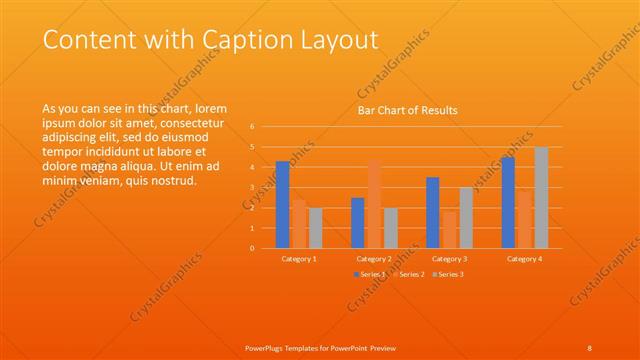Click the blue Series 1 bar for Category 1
click(x=283, y=205)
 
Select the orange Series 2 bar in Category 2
click(x=374, y=204)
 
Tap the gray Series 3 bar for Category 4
click(x=541, y=197)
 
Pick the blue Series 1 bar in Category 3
click(x=432, y=212)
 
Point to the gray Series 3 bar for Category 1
click(x=316, y=228)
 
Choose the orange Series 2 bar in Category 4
click(x=525, y=219)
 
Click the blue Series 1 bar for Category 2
click(x=358, y=222)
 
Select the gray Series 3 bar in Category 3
click(x=466, y=217)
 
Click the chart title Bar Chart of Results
click(x=408, y=110)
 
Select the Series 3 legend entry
click(x=448, y=274)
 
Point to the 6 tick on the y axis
click(x=252, y=127)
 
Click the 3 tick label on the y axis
click(x=252, y=187)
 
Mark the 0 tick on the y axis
click(x=252, y=248)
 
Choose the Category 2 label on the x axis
click(x=374, y=259)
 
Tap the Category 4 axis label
click(x=525, y=259)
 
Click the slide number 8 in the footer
click(x=590, y=347)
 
